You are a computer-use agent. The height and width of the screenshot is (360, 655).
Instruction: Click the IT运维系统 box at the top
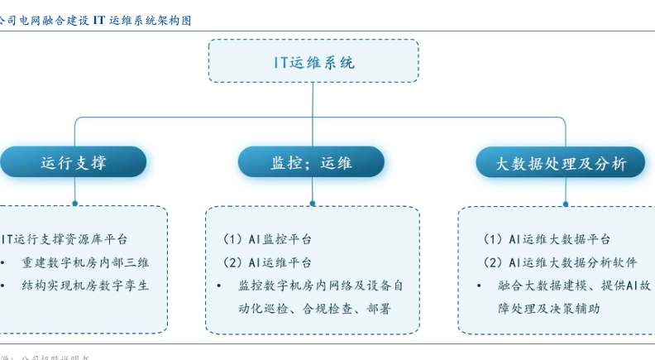(313, 61)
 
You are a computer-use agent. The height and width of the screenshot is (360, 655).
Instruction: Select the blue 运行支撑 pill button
(74, 162)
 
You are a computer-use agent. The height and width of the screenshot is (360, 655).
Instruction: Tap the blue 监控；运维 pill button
(312, 162)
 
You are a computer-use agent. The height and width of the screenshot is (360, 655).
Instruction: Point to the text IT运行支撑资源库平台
(65, 239)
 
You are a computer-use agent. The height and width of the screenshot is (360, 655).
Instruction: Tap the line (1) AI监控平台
(268, 239)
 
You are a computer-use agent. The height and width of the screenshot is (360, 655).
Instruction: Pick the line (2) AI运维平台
(268, 262)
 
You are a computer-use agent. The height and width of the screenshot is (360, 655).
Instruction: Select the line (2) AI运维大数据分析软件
(560, 262)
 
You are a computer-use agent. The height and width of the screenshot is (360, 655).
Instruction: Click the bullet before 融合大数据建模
(479, 286)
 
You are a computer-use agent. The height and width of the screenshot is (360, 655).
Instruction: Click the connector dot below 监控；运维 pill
(312, 203)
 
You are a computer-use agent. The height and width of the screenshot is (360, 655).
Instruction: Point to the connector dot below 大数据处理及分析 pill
(566, 203)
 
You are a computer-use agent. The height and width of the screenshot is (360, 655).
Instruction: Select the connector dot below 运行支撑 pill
(74, 203)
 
